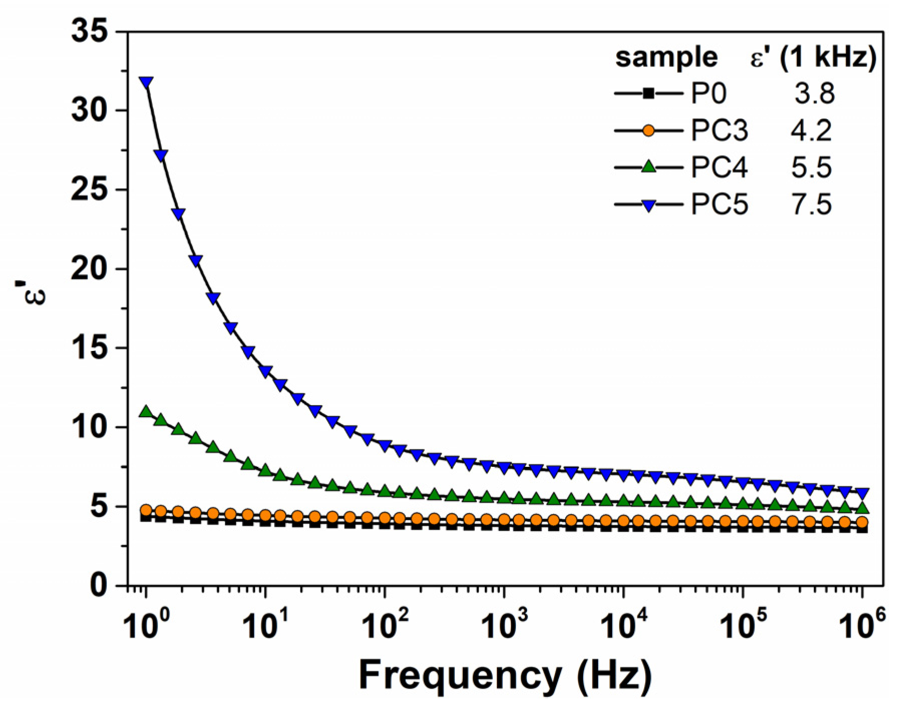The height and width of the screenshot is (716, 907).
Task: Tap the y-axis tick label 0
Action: [x=98, y=585]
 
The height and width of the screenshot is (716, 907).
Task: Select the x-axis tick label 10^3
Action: [x=504, y=624]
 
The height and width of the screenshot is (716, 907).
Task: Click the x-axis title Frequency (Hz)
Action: [x=505, y=675]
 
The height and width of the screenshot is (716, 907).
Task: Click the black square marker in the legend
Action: [x=648, y=93]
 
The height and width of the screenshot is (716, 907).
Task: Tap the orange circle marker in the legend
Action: [x=648, y=130]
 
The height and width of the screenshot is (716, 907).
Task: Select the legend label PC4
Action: [x=719, y=167]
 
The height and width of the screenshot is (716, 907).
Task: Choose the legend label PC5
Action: [x=719, y=205]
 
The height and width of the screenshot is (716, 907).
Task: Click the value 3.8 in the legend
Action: [x=814, y=94]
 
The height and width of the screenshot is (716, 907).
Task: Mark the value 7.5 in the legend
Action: [x=811, y=205]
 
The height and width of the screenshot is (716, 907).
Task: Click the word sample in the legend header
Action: [x=666, y=57]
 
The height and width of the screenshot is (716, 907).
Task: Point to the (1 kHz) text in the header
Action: [x=827, y=57]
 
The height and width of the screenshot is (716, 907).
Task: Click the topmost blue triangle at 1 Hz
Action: [x=146, y=83]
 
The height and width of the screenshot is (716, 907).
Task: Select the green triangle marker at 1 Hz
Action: [x=146, y=411]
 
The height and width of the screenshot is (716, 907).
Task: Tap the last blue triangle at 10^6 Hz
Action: [x=862, y=493]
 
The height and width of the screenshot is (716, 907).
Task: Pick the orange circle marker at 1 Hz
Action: [x=146, y=510]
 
